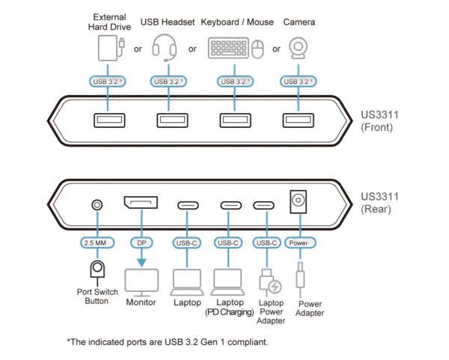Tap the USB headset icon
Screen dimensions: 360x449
(x=166, y=49)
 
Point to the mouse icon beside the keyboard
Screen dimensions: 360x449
(x=258, y=51)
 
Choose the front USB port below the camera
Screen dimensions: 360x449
(x=298, y=120)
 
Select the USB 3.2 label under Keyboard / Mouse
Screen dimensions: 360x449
(x=233, y=81)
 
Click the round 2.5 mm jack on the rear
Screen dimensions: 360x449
(x=96, y=204)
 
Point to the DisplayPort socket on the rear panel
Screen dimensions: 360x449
(x=141, y=204)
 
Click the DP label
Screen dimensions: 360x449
(x=141, y=242)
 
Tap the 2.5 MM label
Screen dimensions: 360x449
(x=96, y=242)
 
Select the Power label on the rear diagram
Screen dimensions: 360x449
(x=299, y=242)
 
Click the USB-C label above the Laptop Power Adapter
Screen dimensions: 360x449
(x=267, y=242)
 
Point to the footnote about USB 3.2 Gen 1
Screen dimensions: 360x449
(x=167, y=342)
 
